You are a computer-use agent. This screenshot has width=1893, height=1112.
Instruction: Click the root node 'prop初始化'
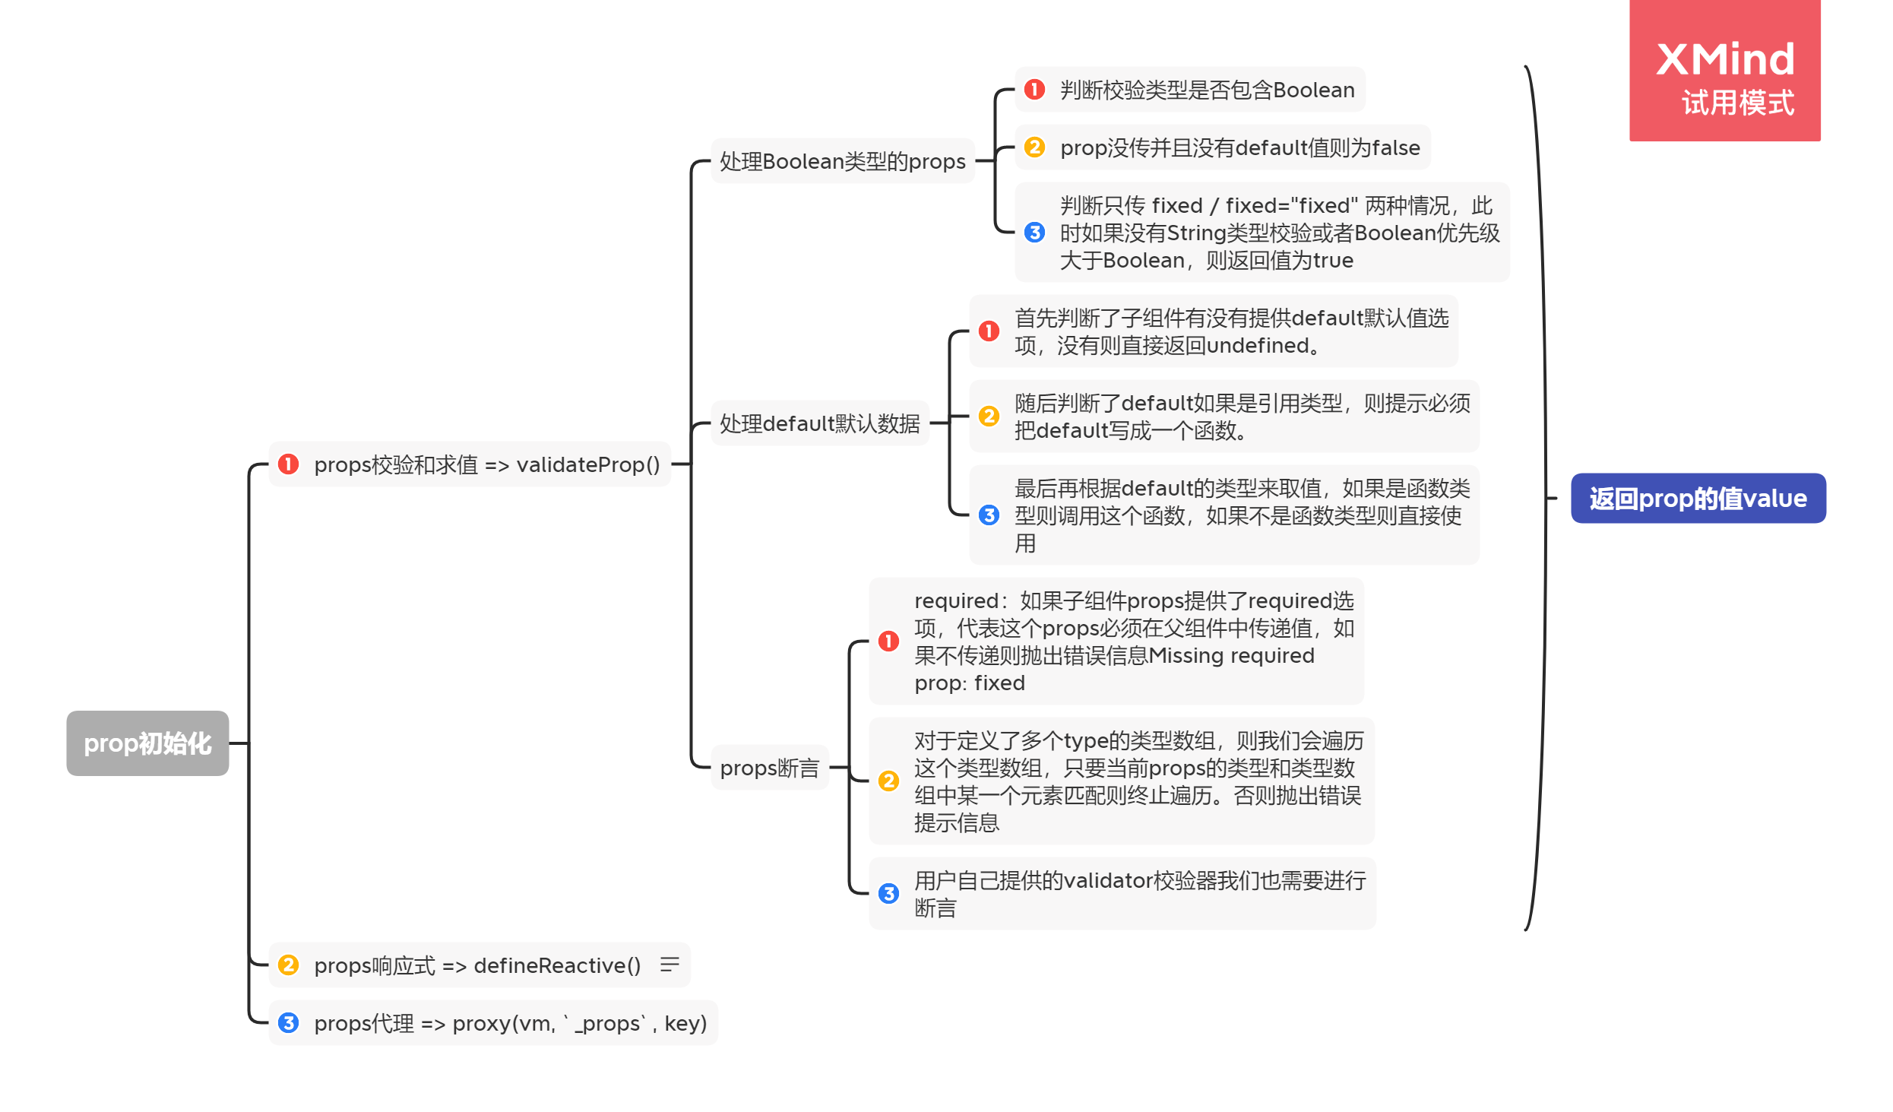click(x=147, y=743)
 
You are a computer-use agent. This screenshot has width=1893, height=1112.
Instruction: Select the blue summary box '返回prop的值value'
click(x=1697, y=498)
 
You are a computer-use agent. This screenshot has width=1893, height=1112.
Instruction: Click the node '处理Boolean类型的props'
click(x=842, y=161)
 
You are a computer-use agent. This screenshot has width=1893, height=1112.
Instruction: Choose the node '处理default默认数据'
click(x=819, y=423)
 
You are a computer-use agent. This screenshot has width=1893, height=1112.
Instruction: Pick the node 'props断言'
click(x=769, y=768)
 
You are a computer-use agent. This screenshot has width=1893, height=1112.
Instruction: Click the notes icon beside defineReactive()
click(x=669, y=965)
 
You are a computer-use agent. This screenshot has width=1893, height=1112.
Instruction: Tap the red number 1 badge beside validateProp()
click(x=288, y=464)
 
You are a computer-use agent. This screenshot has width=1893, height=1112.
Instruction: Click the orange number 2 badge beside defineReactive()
click(x=288, y=965)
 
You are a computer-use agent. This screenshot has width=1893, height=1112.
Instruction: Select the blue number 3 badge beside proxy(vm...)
click(x=288, y=1022)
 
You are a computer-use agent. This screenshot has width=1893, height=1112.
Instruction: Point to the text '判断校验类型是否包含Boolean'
click(x=1206, y=90)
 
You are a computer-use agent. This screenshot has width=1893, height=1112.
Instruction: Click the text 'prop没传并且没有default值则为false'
click(x=1239, y=147)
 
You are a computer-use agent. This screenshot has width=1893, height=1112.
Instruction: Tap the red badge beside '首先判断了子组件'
click(x=988, y=331)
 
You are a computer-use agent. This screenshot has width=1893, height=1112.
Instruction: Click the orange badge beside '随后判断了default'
click(x=988, y=416)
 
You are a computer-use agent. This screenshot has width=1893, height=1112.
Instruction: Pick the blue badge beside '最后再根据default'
click(x=988, y=515)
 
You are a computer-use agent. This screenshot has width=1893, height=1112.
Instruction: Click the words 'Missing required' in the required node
click(x=1231, y=655)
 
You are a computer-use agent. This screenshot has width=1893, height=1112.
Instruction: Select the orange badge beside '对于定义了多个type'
click(x=888, y=781)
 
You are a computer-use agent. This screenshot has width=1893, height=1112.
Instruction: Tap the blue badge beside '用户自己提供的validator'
click(x=888, y=893)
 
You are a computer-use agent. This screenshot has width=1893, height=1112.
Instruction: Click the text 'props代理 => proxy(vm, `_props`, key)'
click(x=510, y=1023)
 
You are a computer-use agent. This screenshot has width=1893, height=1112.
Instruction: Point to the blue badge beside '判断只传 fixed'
click(x=1034, y=232)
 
